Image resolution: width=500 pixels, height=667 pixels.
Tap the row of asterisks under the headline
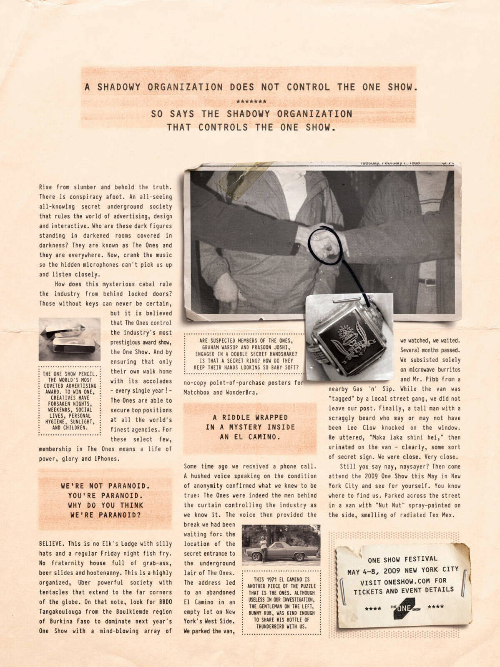pyautogui.click(x=251, y=101)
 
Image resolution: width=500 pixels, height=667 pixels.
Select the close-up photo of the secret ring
pyautogui.click(x=349, y=337)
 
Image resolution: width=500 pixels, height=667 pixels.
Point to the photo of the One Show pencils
pyautogui.click(x=69, y=339)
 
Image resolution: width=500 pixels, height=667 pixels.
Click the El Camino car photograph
pyautogui.click(x=281, y=545)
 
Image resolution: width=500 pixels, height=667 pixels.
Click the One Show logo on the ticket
pyautogui.click(x=405, y=608)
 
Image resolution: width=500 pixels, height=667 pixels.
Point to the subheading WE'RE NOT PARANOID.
pyautogui.click(x=105, y=486)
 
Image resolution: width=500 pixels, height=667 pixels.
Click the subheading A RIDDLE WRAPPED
pyautogui.click(x=250, y=417)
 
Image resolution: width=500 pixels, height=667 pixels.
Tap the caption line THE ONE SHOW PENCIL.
pyautogui.click(x=70, y=374)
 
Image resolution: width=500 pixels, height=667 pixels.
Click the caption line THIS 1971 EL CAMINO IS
pyautogui.click(x=281, y=579)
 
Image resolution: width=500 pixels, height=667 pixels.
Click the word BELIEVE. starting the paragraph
pyautogui.click(x=51, y=544)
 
